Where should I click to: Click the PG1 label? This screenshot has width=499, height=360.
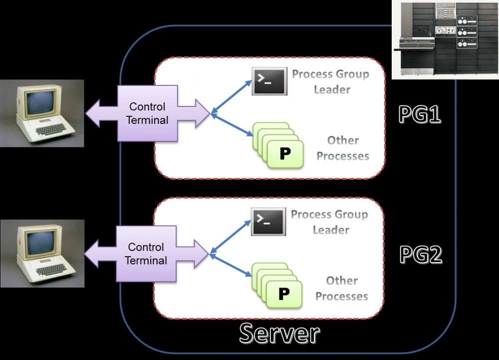pos(420,114)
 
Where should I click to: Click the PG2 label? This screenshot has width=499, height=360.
pos(421,255)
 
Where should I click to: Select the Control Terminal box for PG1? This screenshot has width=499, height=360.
pos(147,113)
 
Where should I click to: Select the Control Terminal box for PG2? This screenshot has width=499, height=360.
pos(146,254)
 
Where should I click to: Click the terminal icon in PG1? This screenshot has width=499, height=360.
pos(269,81)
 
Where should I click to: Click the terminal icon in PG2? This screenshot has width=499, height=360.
pos(268,222)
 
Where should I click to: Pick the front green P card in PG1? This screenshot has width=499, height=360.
pos(285,154)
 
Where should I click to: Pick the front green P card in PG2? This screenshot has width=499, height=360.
pos(284,294)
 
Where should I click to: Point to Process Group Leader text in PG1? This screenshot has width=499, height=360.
pos(330,82)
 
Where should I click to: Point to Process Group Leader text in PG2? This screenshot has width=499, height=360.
pos(329,222)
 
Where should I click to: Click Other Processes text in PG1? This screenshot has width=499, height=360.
pos(343,148)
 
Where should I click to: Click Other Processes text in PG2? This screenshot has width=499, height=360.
pos(342,289)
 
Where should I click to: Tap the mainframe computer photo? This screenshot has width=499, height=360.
pos(445,39)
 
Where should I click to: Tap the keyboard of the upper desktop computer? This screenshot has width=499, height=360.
pos(52,129)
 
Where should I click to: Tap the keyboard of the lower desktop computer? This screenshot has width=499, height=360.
pos(52,270)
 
